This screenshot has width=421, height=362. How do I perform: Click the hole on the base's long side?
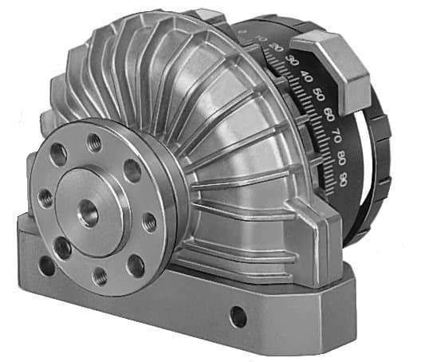(x=238, y=317)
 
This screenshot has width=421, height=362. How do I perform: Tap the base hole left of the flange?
(x=46, y=266)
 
